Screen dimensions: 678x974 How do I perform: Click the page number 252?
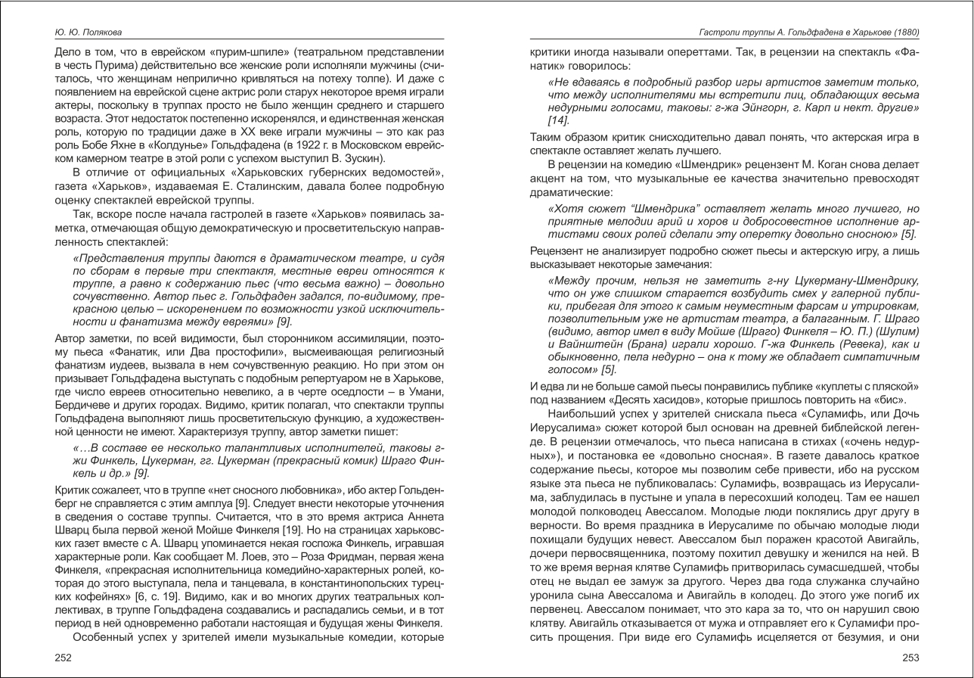[64, 658]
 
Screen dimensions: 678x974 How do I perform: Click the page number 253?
[910, 658]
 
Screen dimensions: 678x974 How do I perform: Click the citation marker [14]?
[558, 120]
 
